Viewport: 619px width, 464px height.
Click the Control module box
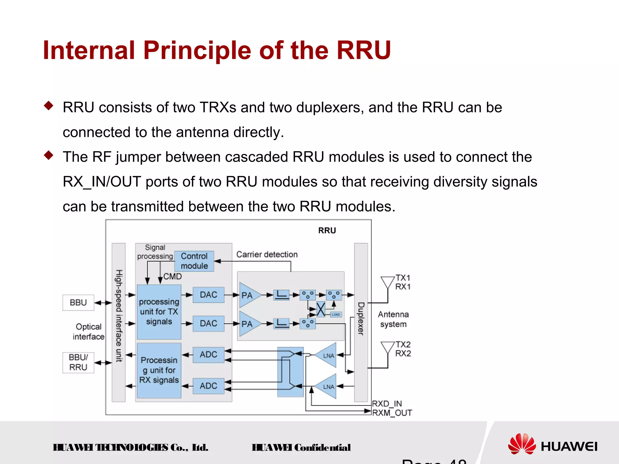tap(194, 261)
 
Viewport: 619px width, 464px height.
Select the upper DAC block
tap(208, 295)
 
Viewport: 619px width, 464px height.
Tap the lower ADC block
tap(208, 386)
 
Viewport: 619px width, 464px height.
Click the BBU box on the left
tap(78, 303)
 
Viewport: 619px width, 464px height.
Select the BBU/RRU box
tap(78, 362)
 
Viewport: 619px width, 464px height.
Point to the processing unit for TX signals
tap(159, 312)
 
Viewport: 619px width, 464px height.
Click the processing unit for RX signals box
tap(159, 370)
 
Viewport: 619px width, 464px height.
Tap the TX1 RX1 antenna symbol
tap(387, 282)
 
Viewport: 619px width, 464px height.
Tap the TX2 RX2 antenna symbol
tap(387, 348)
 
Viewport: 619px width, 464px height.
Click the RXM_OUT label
tap(392, 413)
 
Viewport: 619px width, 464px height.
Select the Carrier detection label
tap(267, 255)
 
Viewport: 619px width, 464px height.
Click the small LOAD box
tap(336, 314)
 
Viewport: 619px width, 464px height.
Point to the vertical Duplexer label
tap(361, 319)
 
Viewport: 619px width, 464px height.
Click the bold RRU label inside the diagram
tap(327, 231)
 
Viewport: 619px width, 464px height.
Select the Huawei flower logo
tap(522, 444)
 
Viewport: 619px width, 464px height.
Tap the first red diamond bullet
tap(48, 106)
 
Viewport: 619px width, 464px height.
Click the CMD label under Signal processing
tap(173, 277)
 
